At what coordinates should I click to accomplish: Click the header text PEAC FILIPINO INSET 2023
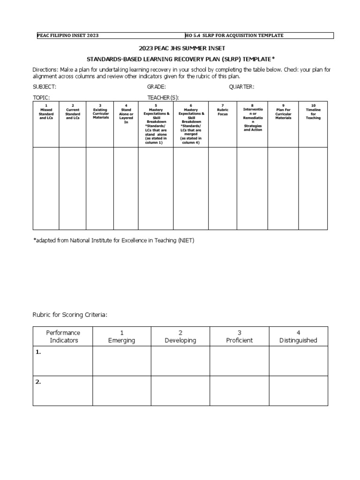coord(67,36)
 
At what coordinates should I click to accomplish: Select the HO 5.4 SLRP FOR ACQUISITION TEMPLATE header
coord(234,36)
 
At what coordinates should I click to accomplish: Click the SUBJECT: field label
coord(44,87)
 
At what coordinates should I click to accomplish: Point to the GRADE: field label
coord(157,87)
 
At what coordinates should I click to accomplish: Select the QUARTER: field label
coord(241,87)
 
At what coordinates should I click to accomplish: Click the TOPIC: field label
coord(41,97)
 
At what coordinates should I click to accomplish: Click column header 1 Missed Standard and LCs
coord(46,112)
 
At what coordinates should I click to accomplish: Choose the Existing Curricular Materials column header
coord(100,112)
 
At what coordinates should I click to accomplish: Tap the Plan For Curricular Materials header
coord(283,112)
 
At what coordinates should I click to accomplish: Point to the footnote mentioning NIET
coord(113,240)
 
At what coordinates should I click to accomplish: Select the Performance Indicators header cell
coord(63,337)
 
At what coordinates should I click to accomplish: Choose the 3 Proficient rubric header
coord(239,337)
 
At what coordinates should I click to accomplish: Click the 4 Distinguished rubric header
coord(298,337)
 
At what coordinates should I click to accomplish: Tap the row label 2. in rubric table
coord(38,382)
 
